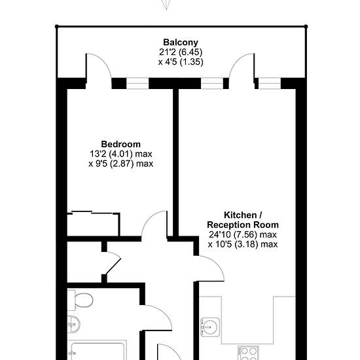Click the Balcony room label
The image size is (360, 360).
coord(181,43)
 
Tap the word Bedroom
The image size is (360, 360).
coord(121,144)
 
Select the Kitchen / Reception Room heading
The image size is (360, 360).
coord(243,220)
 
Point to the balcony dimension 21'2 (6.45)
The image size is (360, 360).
coord(181,52)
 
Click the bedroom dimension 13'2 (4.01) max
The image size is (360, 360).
coord(121,154)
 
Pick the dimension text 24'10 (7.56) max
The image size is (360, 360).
coord(243,234)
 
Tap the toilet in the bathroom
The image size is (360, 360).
coord(80,300)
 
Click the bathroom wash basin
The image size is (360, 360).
coord(74,324)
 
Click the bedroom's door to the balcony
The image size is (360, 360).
coord(99,66)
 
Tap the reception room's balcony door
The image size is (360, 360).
coord(242,66)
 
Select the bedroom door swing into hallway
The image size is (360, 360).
coord(154,224)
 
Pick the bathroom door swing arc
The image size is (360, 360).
coord(156,317)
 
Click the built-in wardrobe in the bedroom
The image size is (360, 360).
coord(94,224)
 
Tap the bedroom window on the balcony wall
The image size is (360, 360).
coord(137,84)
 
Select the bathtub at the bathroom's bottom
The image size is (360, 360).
coord(97,350)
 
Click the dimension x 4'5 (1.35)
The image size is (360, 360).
coord(181,62)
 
